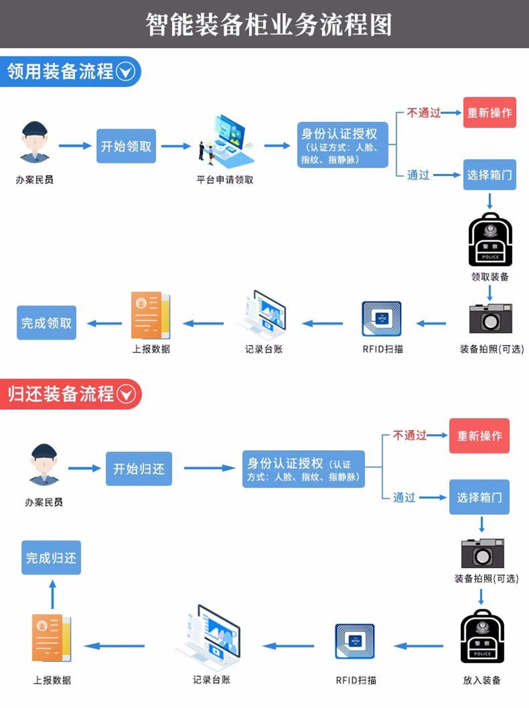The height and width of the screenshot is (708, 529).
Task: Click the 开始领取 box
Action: coord(126,146)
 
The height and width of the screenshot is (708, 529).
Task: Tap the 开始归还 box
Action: coord(139,469)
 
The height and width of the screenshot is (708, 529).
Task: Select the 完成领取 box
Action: coord(46,323)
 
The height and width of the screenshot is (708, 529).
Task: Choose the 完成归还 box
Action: coord(51,558)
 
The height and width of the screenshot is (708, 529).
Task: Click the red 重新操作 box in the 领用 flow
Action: coord(489,112)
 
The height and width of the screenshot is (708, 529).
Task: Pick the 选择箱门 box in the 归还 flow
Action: coord(479,497)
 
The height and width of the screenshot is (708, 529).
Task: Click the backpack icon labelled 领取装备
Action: coord(490,240)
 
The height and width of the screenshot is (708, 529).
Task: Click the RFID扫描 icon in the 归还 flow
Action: coord(354,645)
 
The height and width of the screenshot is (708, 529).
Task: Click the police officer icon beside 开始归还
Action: coord(44,465)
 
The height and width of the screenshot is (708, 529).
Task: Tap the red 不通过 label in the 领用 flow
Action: coord(423,113)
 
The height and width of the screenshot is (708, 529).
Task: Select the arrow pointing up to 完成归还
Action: coord(52,594)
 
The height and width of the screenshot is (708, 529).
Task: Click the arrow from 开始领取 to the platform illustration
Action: coord(176,146)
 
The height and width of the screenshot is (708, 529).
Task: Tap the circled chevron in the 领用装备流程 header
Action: coord(126,72)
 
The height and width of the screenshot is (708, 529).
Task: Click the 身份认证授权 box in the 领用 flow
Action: coord(343,145)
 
